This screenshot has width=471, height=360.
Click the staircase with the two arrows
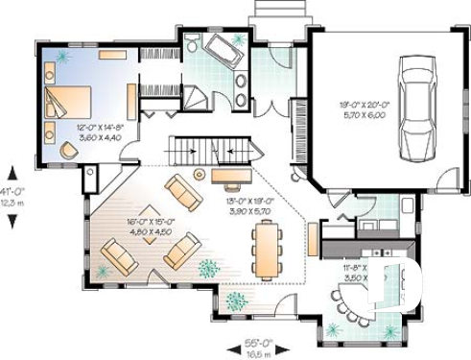213,150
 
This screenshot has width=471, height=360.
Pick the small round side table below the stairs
200,174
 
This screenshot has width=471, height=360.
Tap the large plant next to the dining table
208,267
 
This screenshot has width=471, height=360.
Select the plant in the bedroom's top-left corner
61,59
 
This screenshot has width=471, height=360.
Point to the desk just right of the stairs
230,176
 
